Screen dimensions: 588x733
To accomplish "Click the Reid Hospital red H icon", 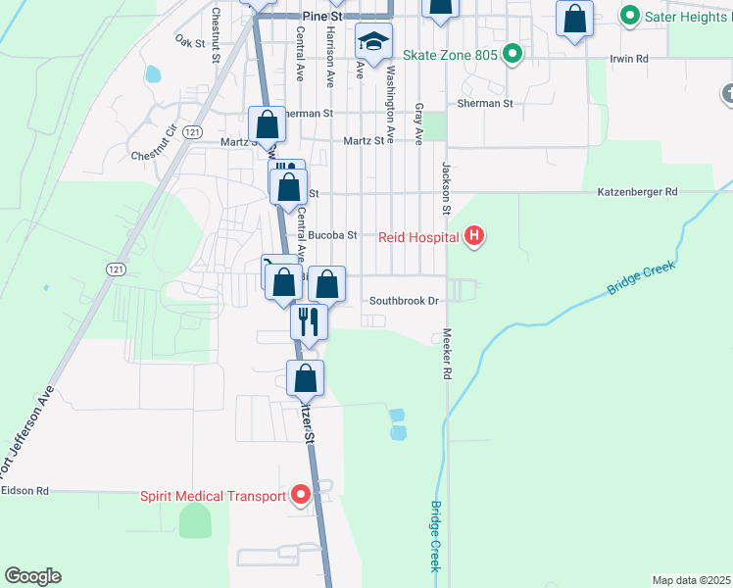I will pyautogui.click(x=474, y=236).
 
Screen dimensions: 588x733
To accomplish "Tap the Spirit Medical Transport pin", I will pyautogui.click(x=301, y=495).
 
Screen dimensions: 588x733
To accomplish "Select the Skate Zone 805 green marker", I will pyautogui.click(x=511, y=54).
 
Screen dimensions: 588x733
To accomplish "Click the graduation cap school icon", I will pyautogui.click(x=372, y=42).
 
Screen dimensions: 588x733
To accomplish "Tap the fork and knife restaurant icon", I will pyautogui.click(x=308, y=319).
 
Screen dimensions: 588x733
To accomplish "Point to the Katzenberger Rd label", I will pyautogui.click(x=637, y=193).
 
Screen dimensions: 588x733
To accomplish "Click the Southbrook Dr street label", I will pyautogui.click(x=404, y=301).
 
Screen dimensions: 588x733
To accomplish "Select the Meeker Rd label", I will pyautogui.click(x=446, y=354).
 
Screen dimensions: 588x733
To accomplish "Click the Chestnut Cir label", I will pyautogui.click(x=158, y=142).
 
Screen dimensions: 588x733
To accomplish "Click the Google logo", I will pyautogui.click(x=32, y=576).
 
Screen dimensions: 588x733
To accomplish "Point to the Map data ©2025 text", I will pyautogui.click(x=692, y=580).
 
